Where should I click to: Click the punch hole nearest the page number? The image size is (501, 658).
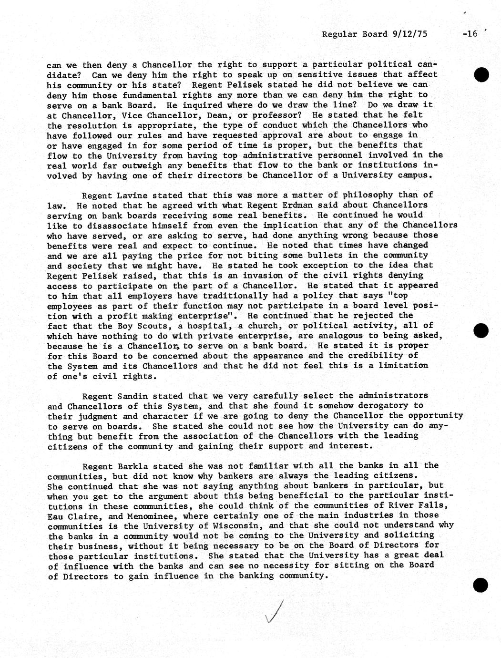pos(481,74)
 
